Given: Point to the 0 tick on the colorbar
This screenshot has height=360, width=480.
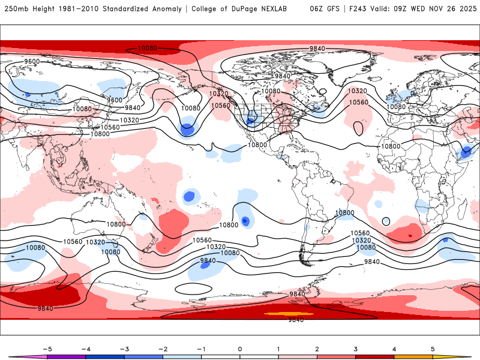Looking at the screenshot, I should pos(239,349).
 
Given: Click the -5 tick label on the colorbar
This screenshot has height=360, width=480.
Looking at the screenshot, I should pos(47,349).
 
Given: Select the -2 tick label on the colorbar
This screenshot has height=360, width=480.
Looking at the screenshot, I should pos(163,349).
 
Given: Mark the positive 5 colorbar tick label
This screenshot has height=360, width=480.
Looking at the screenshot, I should pos(433,349).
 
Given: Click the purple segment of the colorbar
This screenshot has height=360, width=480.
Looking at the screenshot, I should pos(66,356).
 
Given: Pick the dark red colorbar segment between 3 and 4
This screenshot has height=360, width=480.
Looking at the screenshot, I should pos(374,356).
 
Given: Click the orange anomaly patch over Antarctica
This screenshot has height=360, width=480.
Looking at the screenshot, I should pos(289,314).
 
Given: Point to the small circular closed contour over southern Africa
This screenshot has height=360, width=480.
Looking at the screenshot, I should pos(385,221).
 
